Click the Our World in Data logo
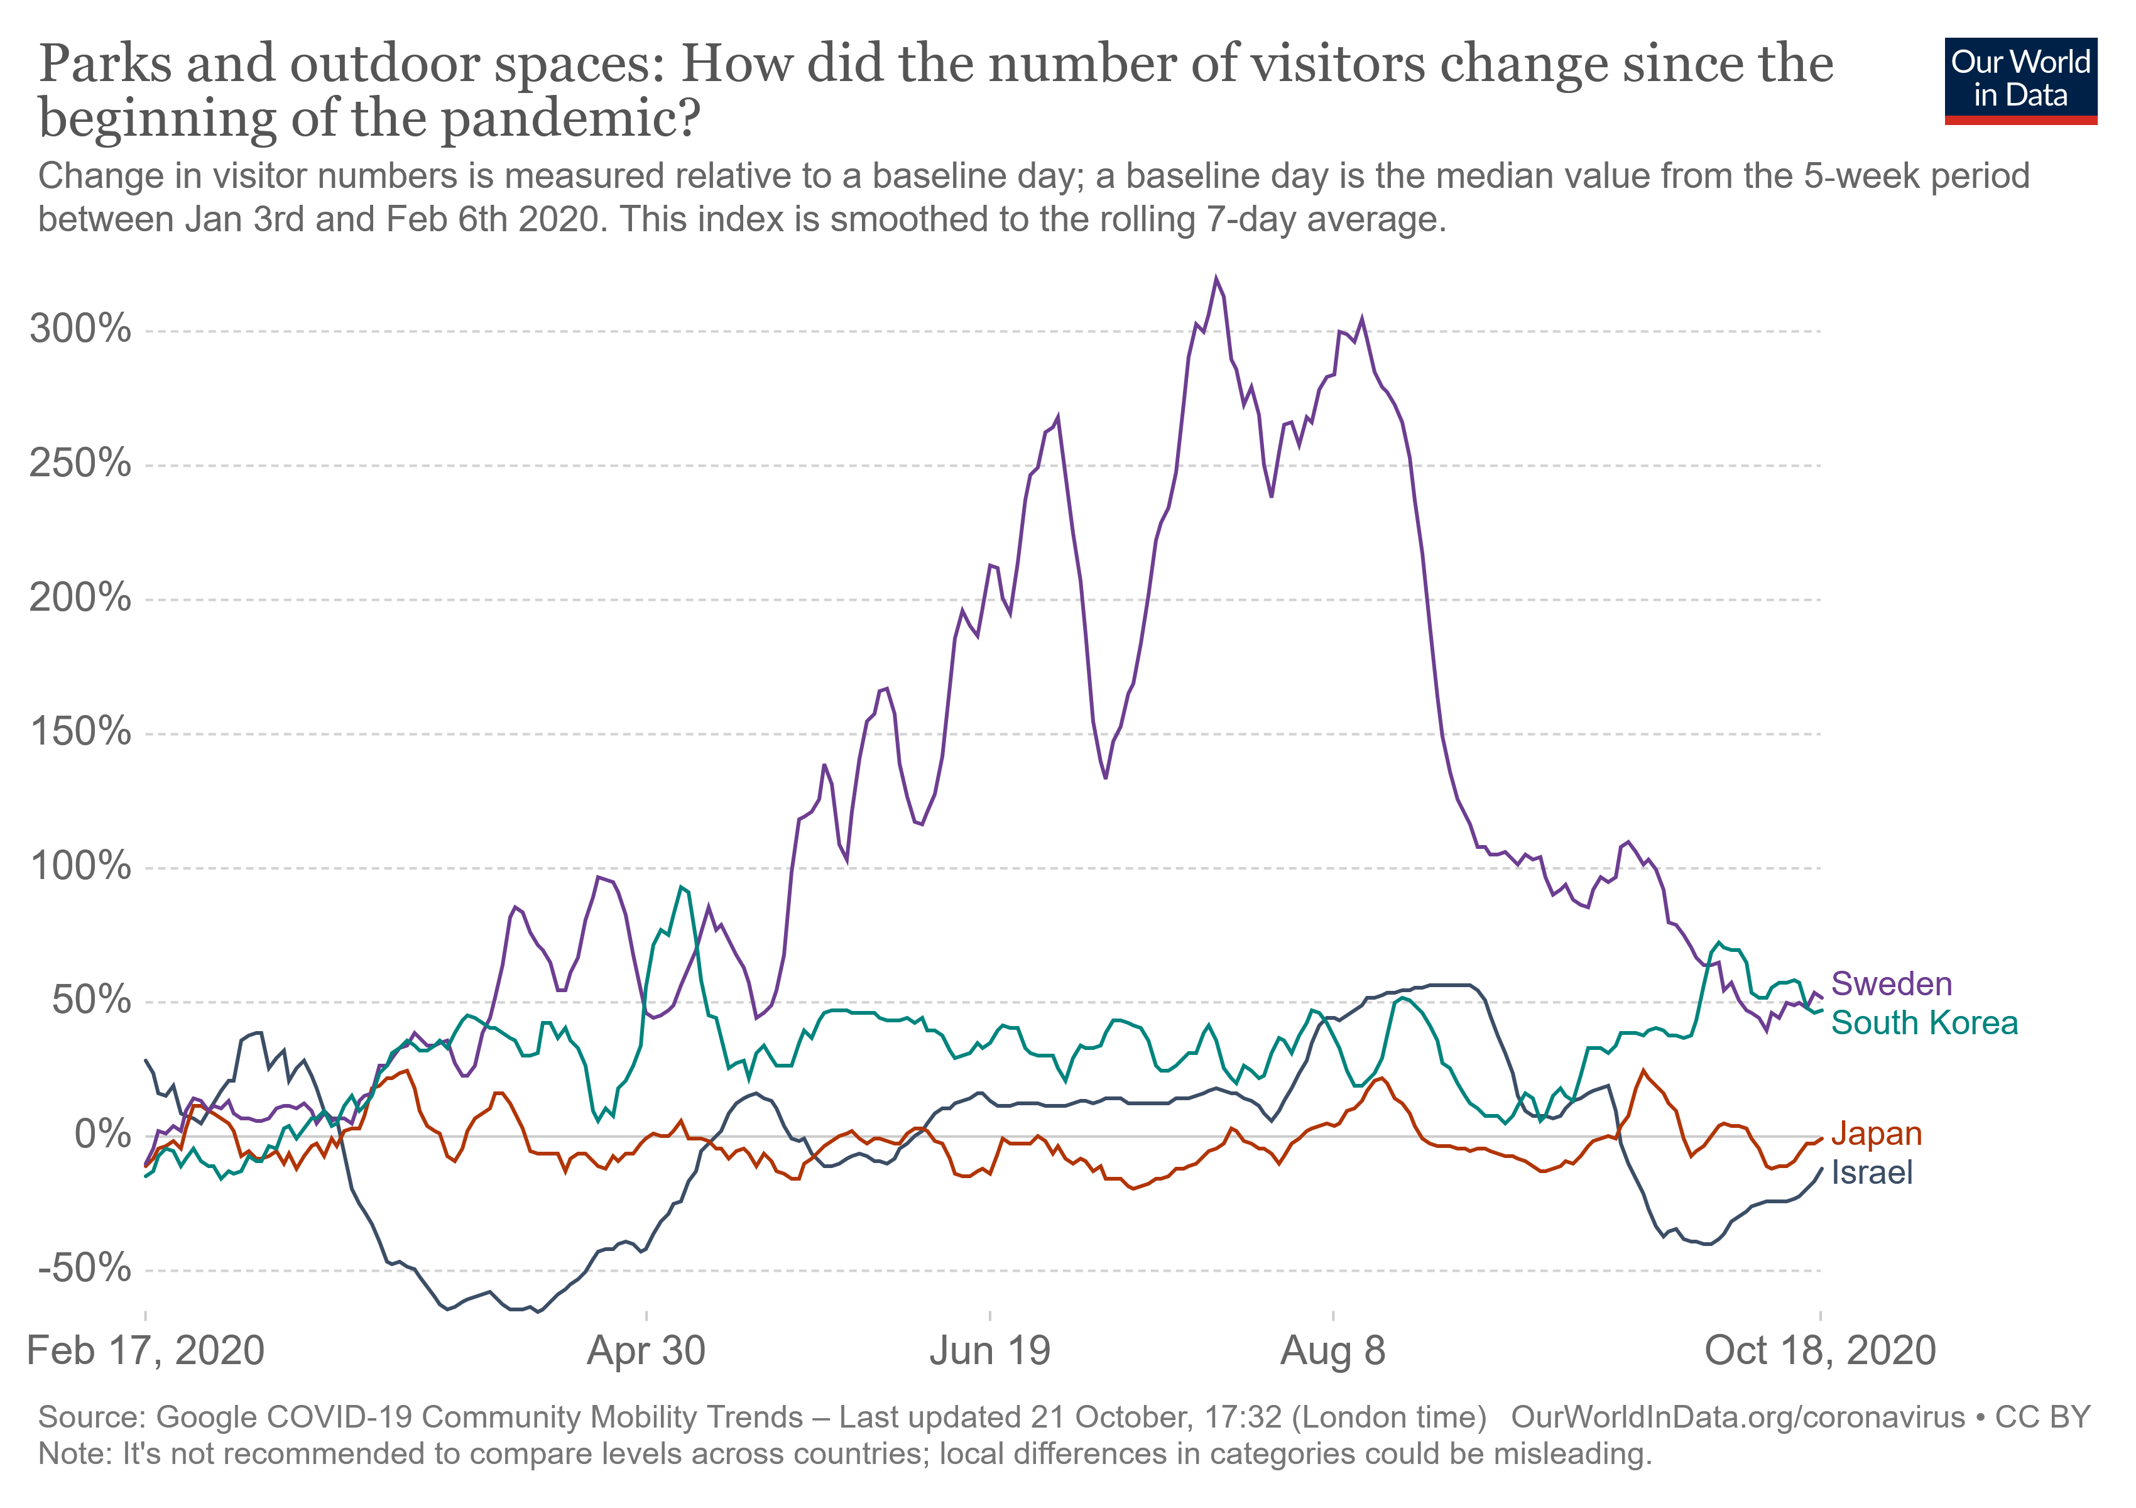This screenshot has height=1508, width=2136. [2020, 80]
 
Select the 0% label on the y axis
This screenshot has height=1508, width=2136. [102, 1134]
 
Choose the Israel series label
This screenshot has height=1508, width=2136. [1872, 1173]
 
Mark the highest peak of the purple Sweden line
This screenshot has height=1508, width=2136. [1216, 278]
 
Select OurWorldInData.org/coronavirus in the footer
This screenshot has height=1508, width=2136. [1737, 1417]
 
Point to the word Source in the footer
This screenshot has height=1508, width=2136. [90, 1417]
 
